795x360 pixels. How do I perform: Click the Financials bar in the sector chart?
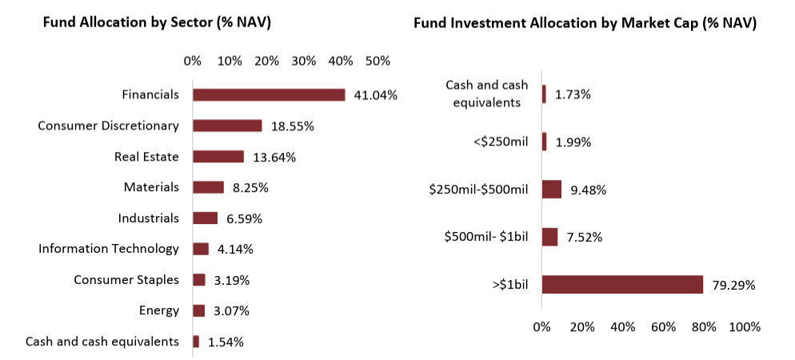click(x=269, y=95)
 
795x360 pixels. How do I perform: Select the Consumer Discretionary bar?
click(x=227, y=126)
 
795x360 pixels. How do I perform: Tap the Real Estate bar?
click(x=218, y=157)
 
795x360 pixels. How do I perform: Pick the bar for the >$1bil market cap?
click(x=622, y=285)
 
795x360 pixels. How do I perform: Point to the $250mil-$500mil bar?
click(x=551, y=190)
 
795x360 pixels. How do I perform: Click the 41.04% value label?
click(x=375, y=95)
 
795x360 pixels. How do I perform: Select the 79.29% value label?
click(x=733, y=285)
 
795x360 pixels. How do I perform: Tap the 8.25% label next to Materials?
click(x=250, y=188)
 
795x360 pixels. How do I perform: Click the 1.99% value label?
click(x=573, y=142)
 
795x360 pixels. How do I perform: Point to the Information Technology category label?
click(x=109, y=249)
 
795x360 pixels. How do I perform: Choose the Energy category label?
click(x=160, y=310)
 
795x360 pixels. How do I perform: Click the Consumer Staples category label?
click(x=126, y=280)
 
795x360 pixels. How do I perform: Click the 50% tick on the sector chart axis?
click(x=378, y=61)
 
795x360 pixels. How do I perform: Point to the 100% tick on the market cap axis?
click(x=745, y=327)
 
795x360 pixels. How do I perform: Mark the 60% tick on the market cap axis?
click(x=663, y=327)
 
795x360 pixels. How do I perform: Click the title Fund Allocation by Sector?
click(x=157, y=23)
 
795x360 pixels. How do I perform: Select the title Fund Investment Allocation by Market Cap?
click(x=585, y=23)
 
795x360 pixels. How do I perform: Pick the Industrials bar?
click(x=205, y=218)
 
